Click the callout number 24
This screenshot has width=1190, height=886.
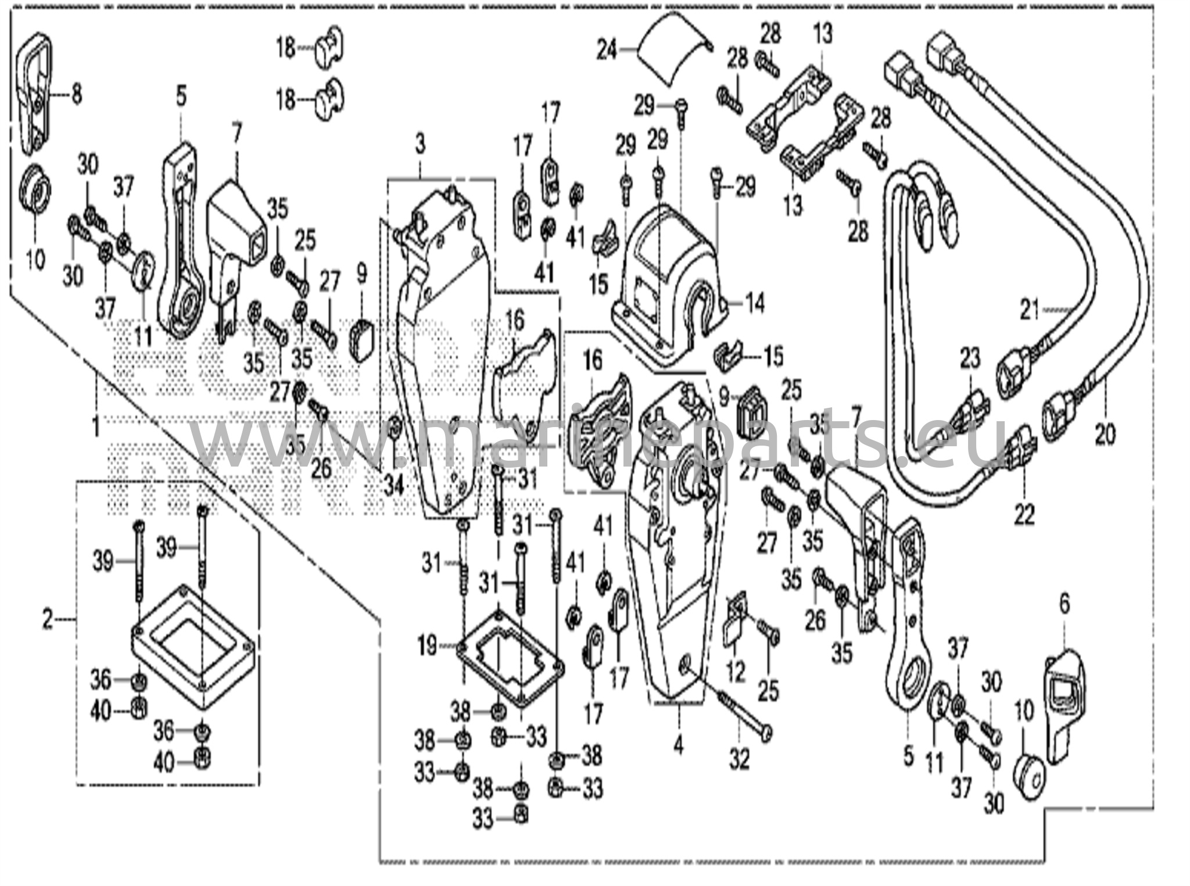click(607, 52)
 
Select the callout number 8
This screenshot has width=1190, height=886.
click(77, 94)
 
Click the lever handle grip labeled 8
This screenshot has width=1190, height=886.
click(35, 93)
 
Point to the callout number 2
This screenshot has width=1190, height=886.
click(48, 620)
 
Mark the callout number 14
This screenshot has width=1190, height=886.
click(755, 303)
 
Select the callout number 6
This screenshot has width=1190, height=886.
click(1064, 604)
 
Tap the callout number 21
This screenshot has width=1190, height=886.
click(1030, 310)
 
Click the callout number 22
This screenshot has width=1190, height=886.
click(1024, 514)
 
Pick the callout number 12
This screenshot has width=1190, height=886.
click(735, 672)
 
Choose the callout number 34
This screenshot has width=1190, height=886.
click(393, 485)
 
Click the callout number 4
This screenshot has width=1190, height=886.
click(679, 746)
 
